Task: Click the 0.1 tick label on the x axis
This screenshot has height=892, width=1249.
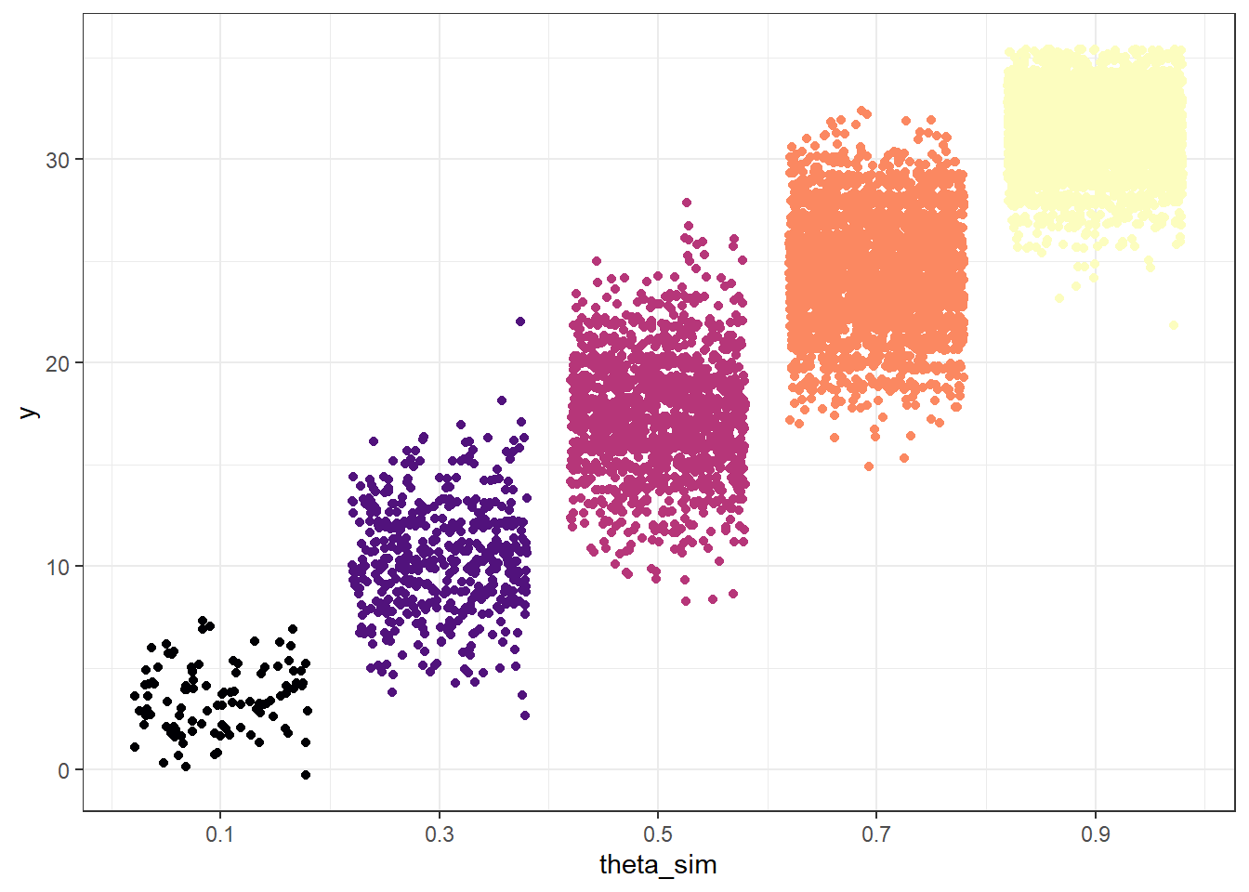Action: click(220, 834)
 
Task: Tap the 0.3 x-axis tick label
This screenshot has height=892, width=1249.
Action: click(440, 834)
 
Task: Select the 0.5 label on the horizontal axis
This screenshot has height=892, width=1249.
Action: click(658, 834)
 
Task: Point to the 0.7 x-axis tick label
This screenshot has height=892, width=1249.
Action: click(876, 834)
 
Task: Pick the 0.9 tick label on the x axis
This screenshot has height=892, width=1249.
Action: click(1096, 834)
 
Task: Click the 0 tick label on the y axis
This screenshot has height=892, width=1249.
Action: click(63, 770)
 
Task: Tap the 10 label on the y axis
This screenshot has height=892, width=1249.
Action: click(58, 567)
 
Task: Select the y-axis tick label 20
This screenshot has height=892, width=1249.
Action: click(58, 363)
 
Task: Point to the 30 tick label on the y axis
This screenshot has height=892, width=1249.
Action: click(58, 160)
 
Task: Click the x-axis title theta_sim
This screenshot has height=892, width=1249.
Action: click(658, 865)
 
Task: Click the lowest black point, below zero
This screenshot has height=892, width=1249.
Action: click(306, 775)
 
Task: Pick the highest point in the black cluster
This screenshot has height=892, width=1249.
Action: click(203, 621)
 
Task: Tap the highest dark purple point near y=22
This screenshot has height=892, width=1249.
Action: click(520, 321)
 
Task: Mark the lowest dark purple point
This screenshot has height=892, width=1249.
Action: click(525, 715)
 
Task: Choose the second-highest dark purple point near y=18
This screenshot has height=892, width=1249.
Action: click(502, 400)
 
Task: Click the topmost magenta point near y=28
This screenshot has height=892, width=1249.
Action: click(687, 203)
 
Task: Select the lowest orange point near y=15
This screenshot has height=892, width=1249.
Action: click(869, 466)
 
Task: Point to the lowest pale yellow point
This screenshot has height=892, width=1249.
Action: click(1174, 325)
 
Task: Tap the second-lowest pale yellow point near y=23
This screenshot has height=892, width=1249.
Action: click(1059, 298)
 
